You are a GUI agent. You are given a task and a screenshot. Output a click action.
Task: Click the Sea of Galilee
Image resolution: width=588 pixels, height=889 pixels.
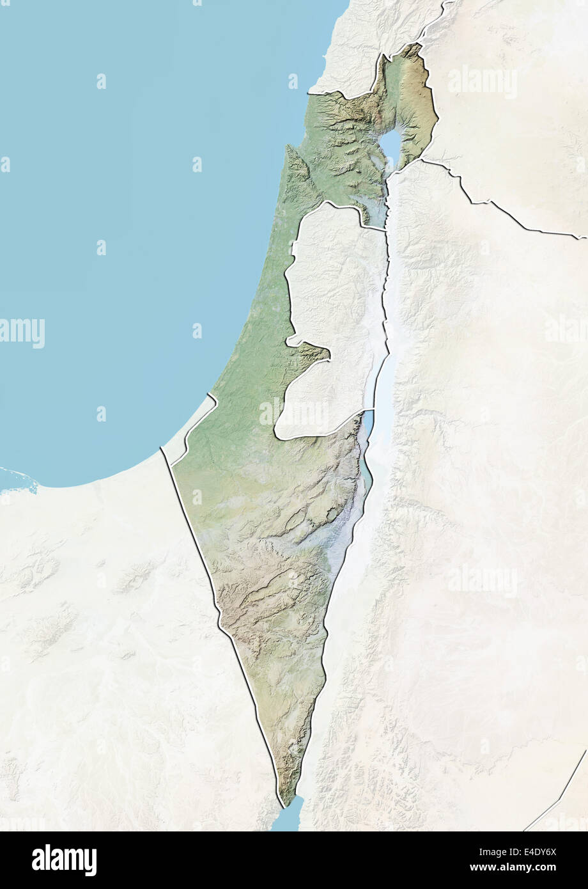tap(390, 147)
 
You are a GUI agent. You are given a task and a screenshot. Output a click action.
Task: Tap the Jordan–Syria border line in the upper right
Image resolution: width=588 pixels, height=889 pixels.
tap(499, 211)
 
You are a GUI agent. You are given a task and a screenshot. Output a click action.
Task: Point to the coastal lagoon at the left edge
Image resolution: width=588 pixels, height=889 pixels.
tap(16, 477)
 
